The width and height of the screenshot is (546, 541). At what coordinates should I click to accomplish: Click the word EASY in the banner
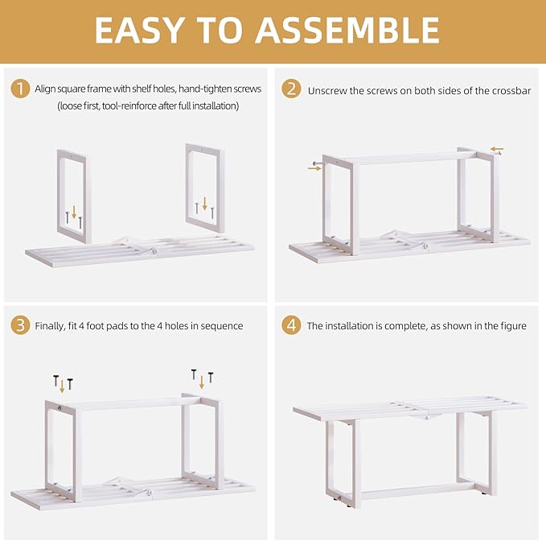(140, 30)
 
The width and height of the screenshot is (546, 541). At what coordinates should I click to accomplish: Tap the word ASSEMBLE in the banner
(347, 30)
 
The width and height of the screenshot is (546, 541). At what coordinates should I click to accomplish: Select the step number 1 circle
(20, 89)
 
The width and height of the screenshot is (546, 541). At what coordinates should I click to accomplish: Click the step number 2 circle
(291, 89)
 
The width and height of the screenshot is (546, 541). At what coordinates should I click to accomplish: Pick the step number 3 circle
(20, 325)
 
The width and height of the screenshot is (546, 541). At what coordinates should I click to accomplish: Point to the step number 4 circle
(291, 325)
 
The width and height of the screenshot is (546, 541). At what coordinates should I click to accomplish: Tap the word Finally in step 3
(50, 326)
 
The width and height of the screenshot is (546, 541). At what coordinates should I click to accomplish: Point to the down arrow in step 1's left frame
(74, 212)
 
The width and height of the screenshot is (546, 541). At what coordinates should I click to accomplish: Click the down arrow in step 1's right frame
(205, 204)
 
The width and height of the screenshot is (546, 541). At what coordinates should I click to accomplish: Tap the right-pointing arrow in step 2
(314, 168)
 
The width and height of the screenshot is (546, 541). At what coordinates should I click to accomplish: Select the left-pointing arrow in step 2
(497, 149)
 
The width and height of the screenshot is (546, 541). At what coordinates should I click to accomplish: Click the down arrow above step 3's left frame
(63, 386)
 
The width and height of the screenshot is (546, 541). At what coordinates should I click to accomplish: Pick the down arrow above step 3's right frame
(202, 382)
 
